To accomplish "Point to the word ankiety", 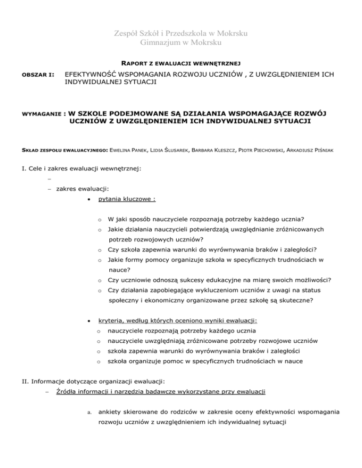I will (112, 412).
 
